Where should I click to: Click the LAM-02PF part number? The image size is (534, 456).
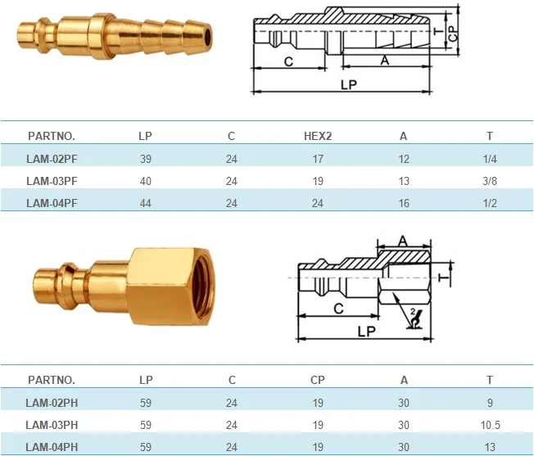(x=52, y=159)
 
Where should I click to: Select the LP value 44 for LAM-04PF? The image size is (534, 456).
(x=146, y=203)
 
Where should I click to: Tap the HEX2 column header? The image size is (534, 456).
(x=318, y=136)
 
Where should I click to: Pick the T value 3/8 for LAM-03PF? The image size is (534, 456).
(x=490, y=181)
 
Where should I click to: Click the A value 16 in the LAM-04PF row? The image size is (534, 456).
(x=404, y=203)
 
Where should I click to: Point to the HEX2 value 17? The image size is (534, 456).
(x=318, y=159)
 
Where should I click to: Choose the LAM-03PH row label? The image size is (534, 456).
(x=52, y=425)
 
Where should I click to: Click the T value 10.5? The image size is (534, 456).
(x=491, y=425)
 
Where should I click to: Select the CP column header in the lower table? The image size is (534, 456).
(x=318, y=380)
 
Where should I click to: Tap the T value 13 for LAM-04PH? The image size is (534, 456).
(x=490, y=447)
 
